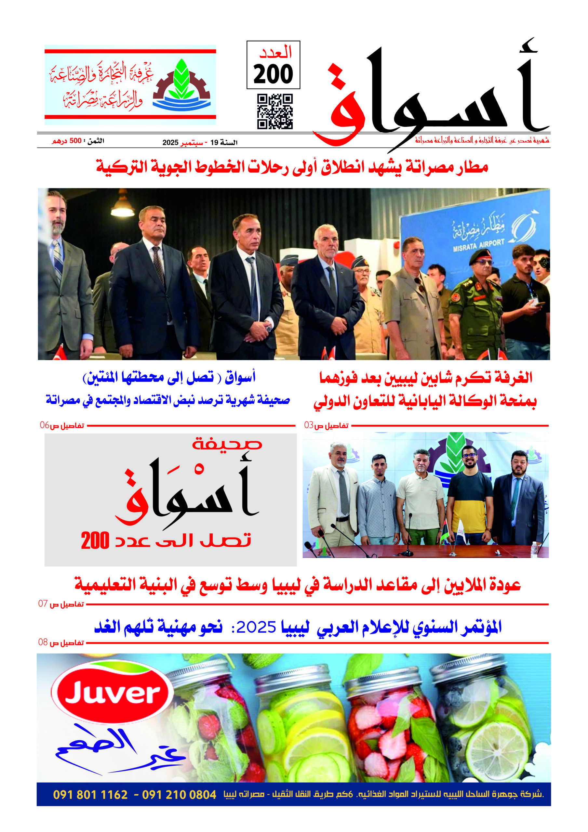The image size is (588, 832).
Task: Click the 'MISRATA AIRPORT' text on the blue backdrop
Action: point(478,245)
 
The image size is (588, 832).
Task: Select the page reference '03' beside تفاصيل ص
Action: point(309,425)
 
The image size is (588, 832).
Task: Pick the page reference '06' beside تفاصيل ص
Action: point(44,425)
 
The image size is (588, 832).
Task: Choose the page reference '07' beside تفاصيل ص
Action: point(43,604)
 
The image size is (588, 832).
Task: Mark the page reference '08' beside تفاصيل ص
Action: point(43,643)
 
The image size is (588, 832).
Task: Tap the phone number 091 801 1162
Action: point(90,795)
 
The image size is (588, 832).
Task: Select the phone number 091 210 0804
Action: point(179,795)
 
